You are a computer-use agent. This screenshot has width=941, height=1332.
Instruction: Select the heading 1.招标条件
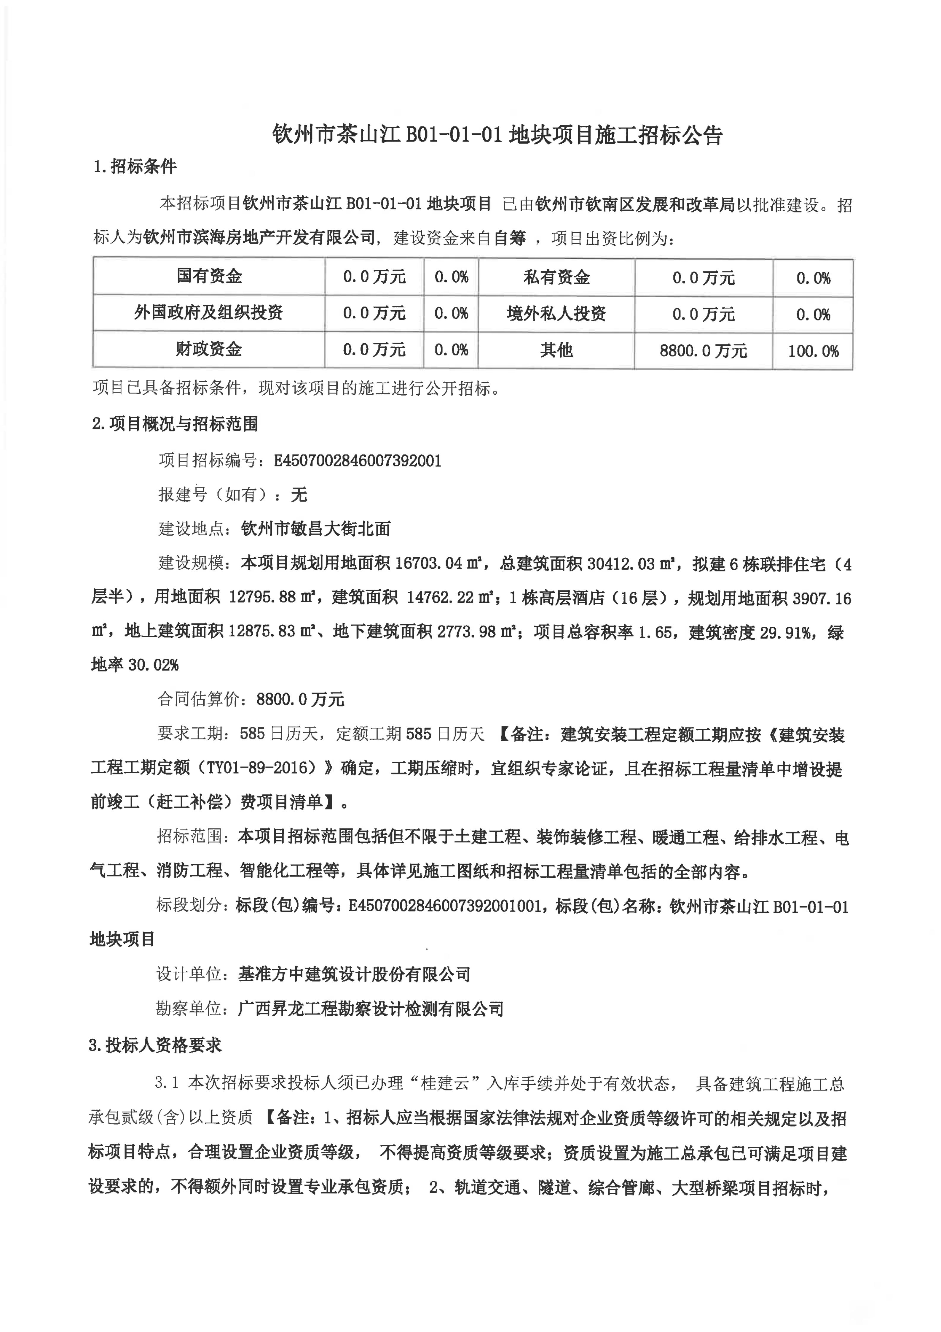[x=135, y=167]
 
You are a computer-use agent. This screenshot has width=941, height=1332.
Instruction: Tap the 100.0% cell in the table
[x=813, y=351]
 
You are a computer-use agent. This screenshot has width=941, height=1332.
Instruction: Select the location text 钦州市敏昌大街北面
[x=316, y=528]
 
